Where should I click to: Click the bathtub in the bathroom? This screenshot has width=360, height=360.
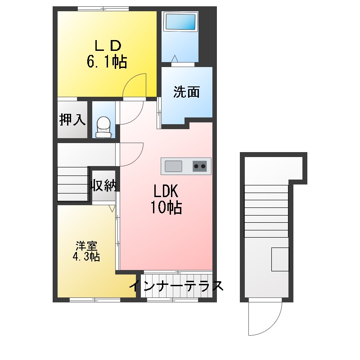[x=180, y=22]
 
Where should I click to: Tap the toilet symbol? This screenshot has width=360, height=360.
[x=103, y=127]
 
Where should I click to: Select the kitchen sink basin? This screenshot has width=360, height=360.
[x=173, y=166]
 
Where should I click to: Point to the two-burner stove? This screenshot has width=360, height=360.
[x=199, y=166]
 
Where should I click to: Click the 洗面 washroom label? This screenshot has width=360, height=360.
[x=186, y=92]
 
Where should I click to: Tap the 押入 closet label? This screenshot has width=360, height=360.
[x=72, y=119]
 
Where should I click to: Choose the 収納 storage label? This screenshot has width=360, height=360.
[x=103, y=185]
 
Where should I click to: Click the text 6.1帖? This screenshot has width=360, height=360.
[x=107, y=62]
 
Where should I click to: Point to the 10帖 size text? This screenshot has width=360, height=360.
[x=166, y=207]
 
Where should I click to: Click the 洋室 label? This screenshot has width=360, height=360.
[x=86, y=246]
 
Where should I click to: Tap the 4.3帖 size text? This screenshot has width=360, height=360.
[x=86, y=256]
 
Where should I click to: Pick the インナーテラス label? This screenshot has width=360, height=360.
[x=176, y=286]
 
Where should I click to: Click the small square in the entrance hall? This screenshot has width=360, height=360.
[x=280, y=259]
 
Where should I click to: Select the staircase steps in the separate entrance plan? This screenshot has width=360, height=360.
[x=266, y=211]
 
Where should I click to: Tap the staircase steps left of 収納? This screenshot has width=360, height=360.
[x=73, y=184]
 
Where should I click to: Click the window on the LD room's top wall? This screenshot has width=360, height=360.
[x=103, y=9]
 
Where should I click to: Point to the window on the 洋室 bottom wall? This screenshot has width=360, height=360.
[x=95, y=300]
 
